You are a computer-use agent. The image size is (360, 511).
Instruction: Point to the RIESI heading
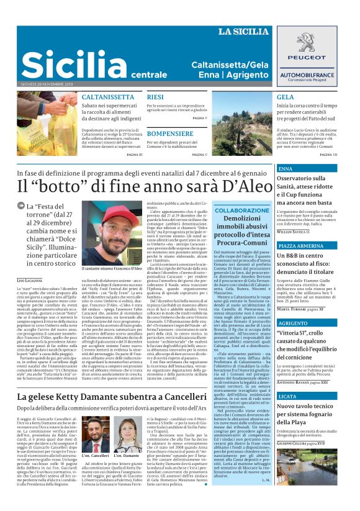tap(155, 97)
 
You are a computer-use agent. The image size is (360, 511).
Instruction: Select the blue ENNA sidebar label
tap(285, 169)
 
